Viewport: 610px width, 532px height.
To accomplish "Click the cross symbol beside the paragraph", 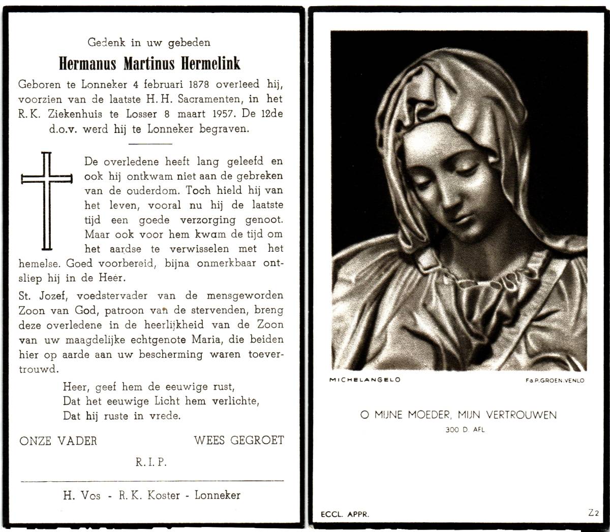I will [x=46, y=201].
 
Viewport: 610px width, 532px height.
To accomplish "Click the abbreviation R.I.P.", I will [x=151, y=462].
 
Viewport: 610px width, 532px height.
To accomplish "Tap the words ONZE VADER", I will [x=58, y=441].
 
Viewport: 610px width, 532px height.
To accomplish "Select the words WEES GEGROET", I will [x=238, y=440].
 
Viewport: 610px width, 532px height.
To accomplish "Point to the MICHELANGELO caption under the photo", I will [x=364, y=380].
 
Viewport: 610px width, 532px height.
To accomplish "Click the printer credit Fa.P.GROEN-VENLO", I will [x=555, y=380].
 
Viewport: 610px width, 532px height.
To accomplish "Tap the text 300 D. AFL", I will [x=458, y=430].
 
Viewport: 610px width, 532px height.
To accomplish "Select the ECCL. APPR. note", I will [x=345, y=514].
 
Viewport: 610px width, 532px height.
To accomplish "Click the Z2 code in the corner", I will [x=593, y=513].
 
